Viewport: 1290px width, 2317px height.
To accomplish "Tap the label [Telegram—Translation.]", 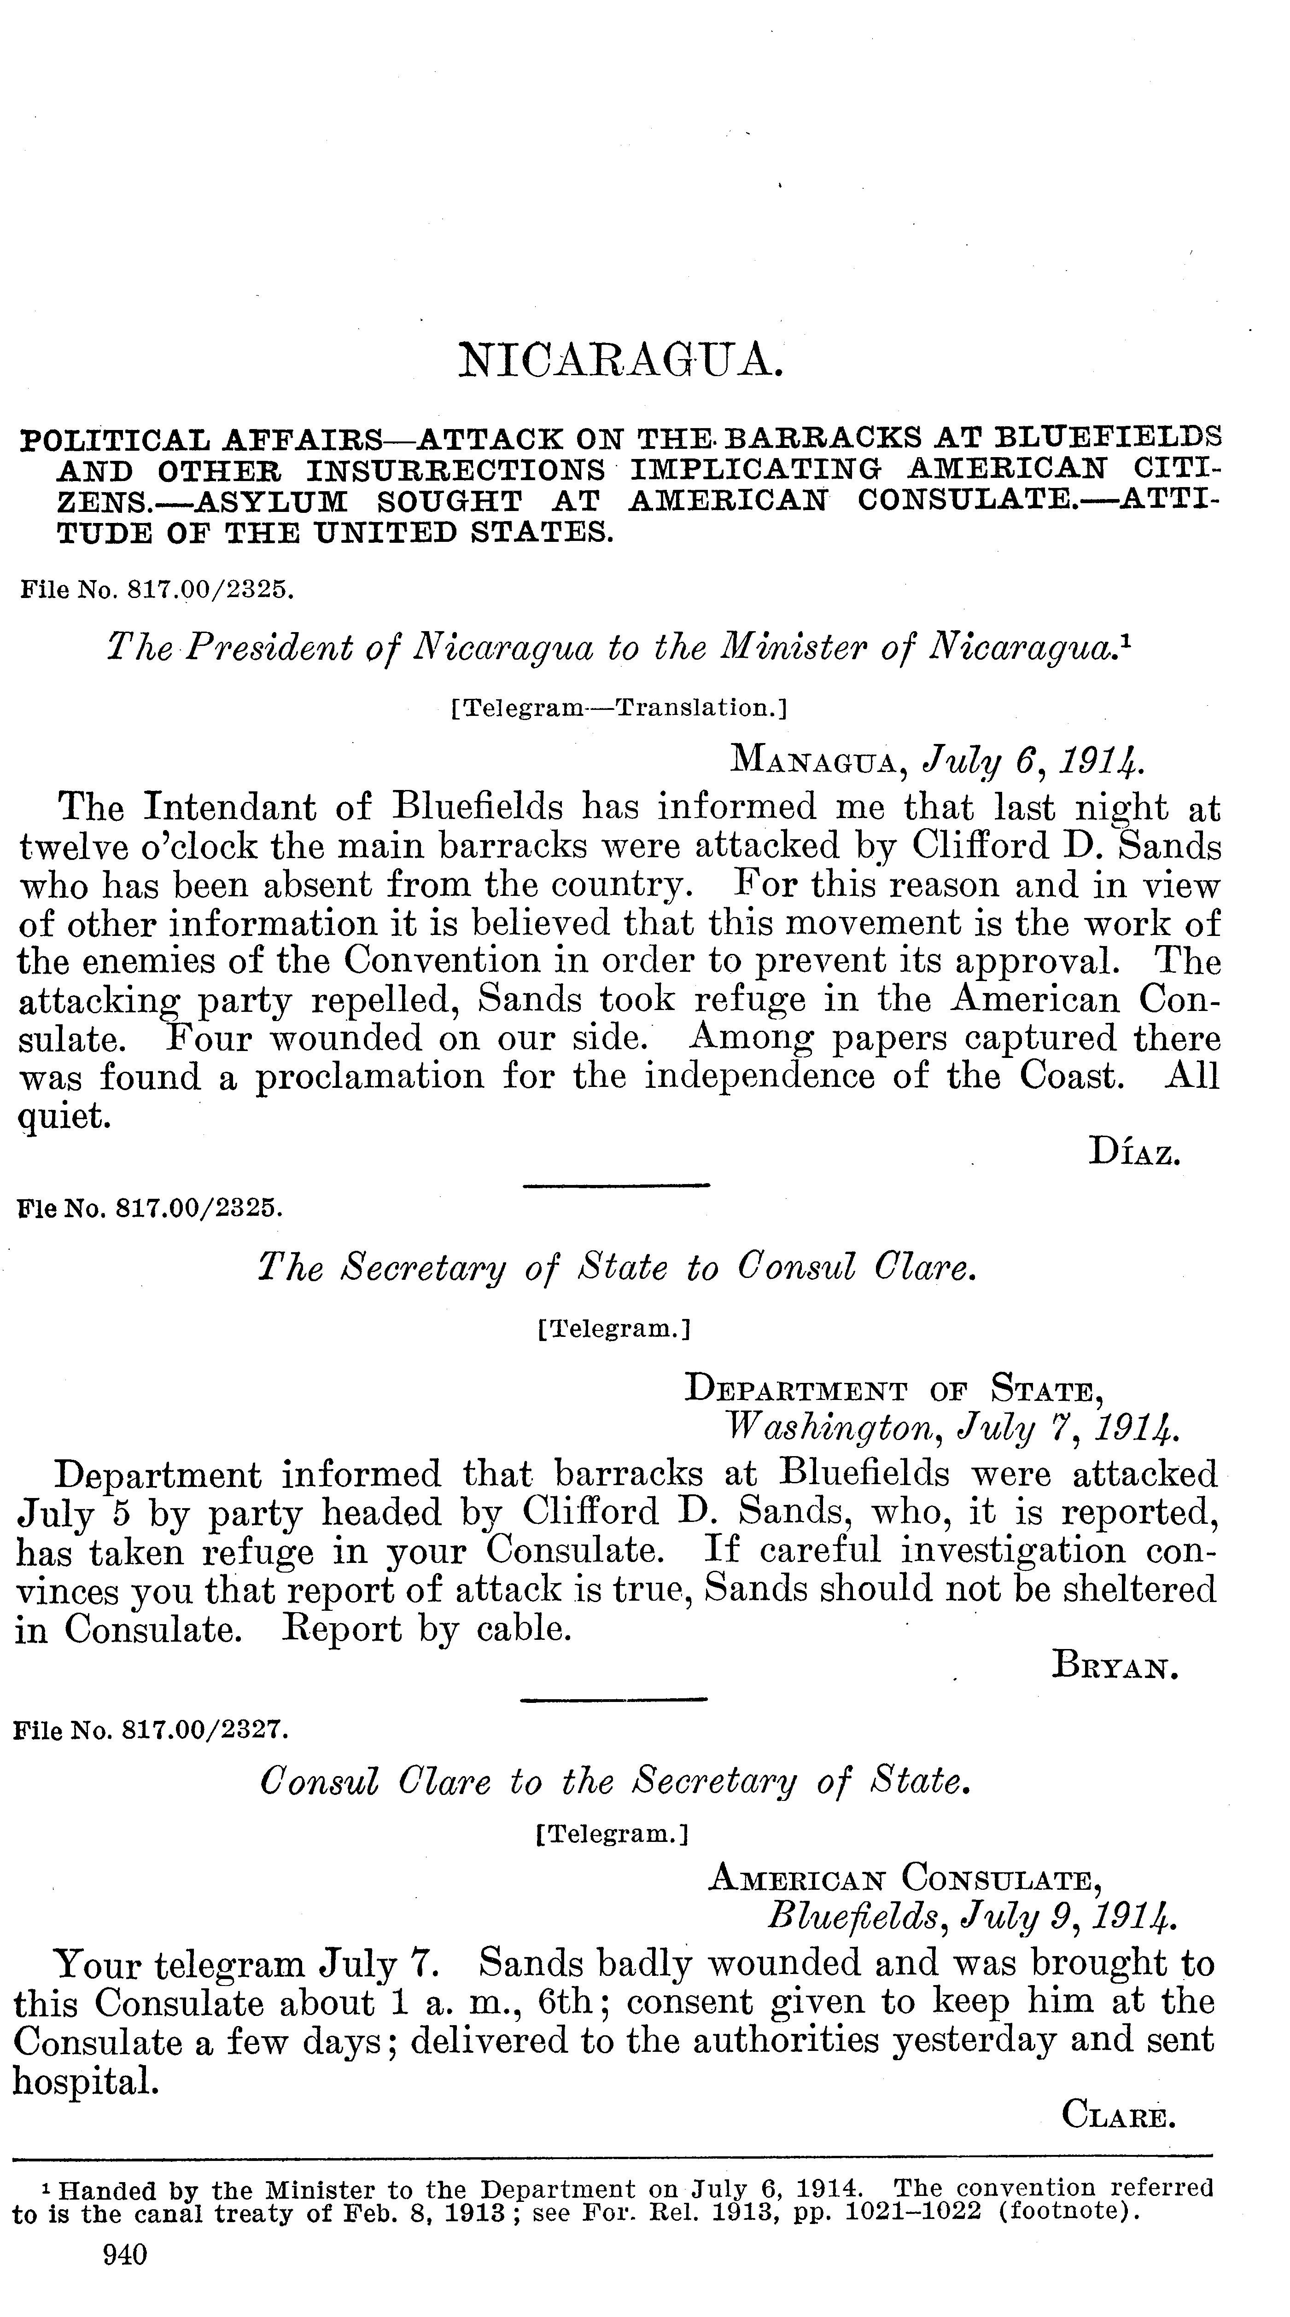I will (618, 708).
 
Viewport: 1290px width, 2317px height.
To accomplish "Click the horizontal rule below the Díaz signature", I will (616, 1185).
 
